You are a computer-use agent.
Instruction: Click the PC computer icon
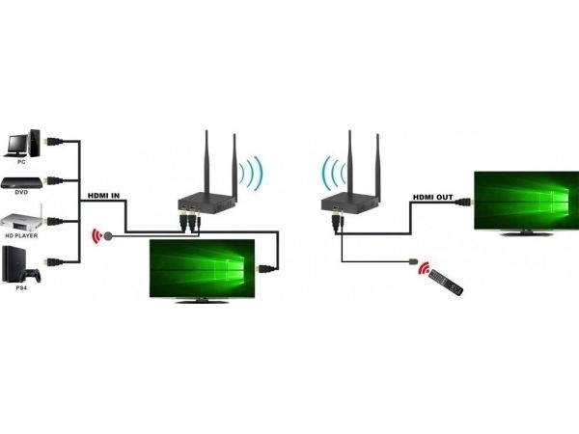[x=22, y=141]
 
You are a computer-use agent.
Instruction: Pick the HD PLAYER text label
[x=22, y=236]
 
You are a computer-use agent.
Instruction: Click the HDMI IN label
[x=102, y=197]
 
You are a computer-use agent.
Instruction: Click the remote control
[x=445, y=282]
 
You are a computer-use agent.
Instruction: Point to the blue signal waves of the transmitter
[x=250, y=173]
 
